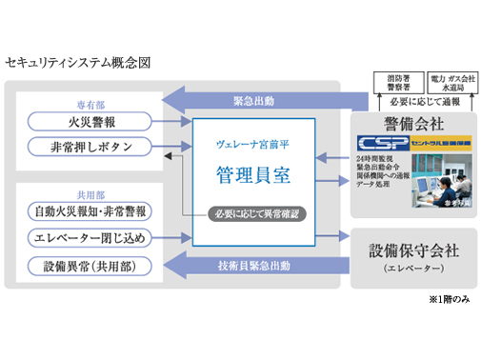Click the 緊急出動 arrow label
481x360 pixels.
point(254,100)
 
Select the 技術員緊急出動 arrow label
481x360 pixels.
point(254,265)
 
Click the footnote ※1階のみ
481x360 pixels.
point(446,299)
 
